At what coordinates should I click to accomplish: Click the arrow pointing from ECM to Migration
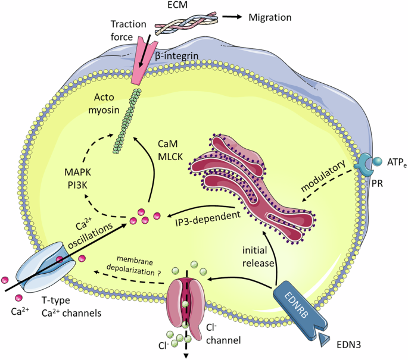tap(232, 17)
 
